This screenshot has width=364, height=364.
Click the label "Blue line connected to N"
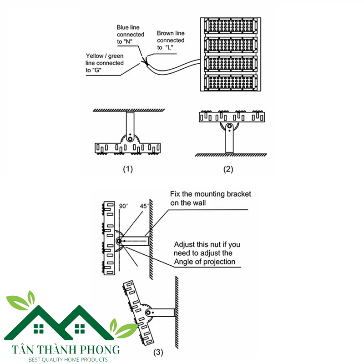(x=131, y=34)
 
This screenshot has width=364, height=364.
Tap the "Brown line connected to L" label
(x=171, y=40)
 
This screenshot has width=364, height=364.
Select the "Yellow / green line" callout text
(x=105, y=63)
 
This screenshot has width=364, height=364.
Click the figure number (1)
(x=128, y=169)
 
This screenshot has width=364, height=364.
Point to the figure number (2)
(x=228, y=169)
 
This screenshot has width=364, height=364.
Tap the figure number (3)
(x=158, y=352)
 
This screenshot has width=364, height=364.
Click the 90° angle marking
(x=124, y=206)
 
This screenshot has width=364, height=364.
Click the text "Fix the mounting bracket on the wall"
(x=210, y=198)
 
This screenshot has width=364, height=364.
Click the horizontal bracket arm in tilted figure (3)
(x=164, y=313)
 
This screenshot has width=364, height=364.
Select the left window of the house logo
(x=37, y=328)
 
